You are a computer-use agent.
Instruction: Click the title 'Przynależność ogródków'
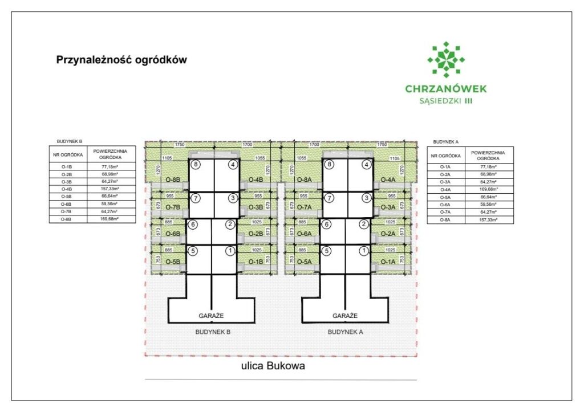(x=121, y=59)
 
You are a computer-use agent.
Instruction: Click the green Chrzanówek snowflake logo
(x=446, y=59)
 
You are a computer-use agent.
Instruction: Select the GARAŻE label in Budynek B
(x=210, y=315)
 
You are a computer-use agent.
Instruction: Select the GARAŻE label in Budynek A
(x=345, y=315)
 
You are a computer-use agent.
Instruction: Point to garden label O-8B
(x=173, y=180)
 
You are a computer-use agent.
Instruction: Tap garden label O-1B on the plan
(x=254, y=262)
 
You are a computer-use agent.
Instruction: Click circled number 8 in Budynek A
(x=329, y=165)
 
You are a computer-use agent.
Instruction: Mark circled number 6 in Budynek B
(x=193, y=225)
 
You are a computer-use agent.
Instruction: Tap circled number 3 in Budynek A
(x=366, y=198)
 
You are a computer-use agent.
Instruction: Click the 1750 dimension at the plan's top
(x=180, y=145)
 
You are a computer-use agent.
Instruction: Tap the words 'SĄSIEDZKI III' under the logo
(x=445, y=100)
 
